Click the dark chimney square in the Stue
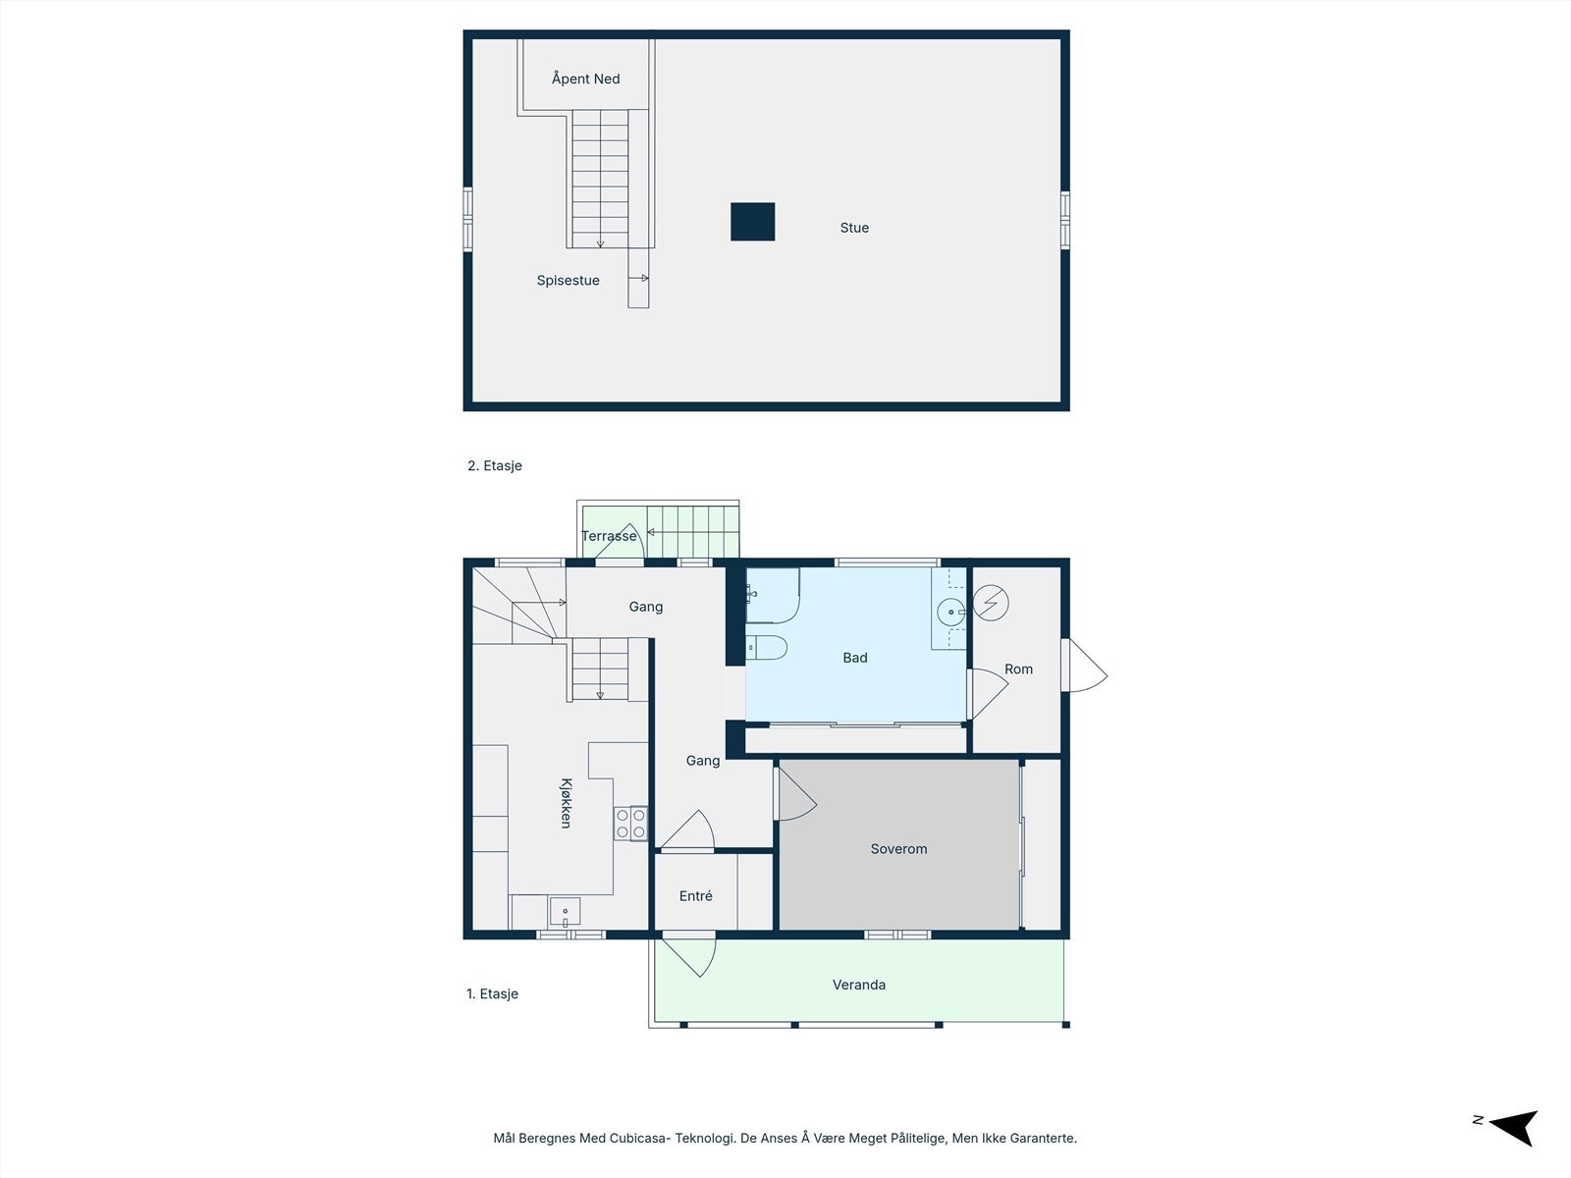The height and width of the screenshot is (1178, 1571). click(x=753, y=222)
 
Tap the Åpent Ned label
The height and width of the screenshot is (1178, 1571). click(x=585, y=79)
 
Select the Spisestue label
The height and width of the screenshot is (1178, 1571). click(x=568, y=281)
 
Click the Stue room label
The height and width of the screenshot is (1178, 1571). click(x=854, y=228)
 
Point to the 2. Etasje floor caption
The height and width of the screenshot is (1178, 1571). click(x=495, y=466)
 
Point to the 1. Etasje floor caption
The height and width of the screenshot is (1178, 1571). click(x=492, y=994)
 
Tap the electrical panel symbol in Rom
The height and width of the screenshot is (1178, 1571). click(x=991, y=602)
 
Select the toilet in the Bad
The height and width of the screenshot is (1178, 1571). click(x=767, y=648)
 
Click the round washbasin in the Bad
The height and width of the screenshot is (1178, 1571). click(x=950, y=613)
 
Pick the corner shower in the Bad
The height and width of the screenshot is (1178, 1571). click(x=771, y=595)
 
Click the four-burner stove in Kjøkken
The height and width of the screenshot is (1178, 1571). click(x=630, y=823)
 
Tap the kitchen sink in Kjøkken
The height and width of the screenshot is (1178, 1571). click(x=565, y=912)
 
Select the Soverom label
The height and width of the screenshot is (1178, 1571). click(x=898, y=849)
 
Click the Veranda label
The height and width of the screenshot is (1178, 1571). click(x=859, y=985)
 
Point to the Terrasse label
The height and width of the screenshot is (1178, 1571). click(x=609, y=536)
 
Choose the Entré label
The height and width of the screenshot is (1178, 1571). click(x=696, y=896)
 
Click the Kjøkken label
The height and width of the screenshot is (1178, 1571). click(x=566, y=803)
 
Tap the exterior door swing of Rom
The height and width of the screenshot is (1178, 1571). click(x=1086, y=668)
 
